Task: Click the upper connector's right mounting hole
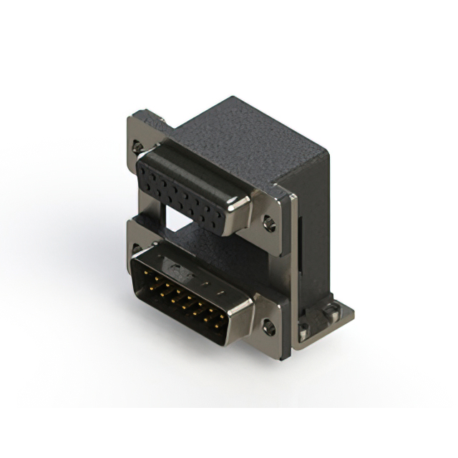269,223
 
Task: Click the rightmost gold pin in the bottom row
217,328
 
